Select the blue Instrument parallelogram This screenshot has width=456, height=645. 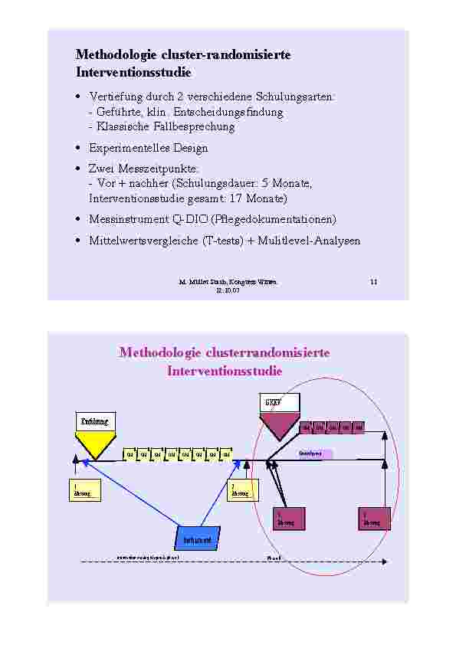click(x=197, y=539)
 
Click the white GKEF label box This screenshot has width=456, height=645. click(x=278, y=404)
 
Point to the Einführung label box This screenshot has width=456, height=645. click(x=95, y=421)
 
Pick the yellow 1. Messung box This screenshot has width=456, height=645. click(x=84, y=490)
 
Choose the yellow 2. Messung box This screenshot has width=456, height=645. click(x=242, y=490)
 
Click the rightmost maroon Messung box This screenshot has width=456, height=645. click(x=373, y=519)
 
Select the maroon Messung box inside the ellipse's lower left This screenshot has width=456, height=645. click(x=289, y=519)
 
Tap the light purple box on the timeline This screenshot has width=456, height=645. click(x=316, y=453)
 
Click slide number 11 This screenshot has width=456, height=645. click(x=374, y=283)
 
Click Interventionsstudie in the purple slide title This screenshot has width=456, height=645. click(x=225, y=372)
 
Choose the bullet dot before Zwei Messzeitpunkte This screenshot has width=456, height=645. click(x=80, y=169)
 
